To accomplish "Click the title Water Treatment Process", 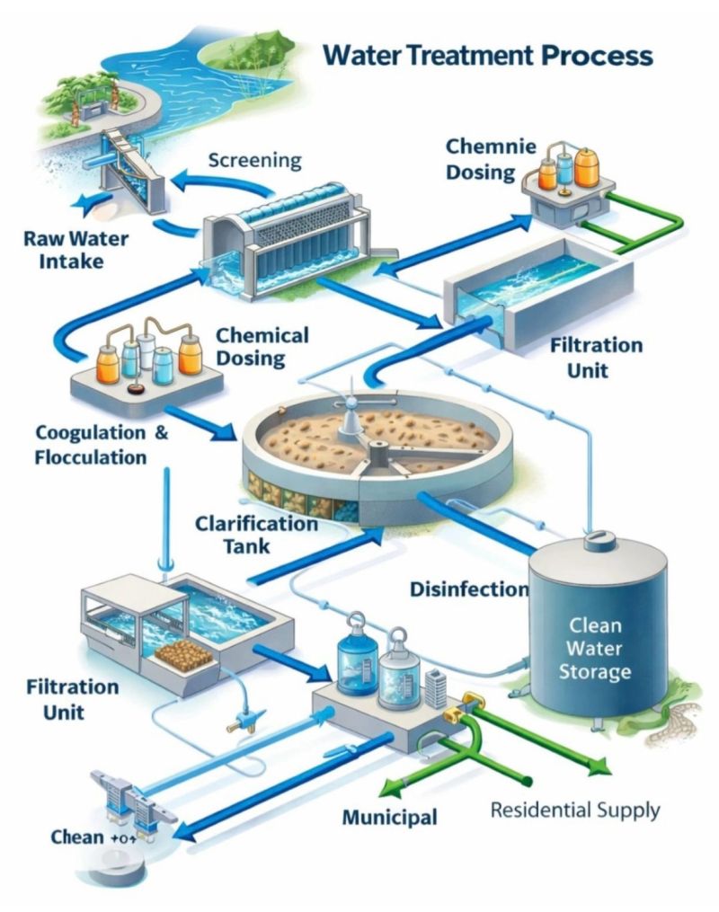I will coord(488,55).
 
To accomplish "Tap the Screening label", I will coord(254,161).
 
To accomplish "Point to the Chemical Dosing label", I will coord(262,347).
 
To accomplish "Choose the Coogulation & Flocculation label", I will coord(102,444).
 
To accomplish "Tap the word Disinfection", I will coord(468,589).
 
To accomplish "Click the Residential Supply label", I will coord(575,810).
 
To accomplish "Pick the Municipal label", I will coord(390,818).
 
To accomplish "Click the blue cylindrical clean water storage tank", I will coord(598,629).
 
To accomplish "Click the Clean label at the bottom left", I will coord(77,837).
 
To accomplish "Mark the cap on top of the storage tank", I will coord(598,540).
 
